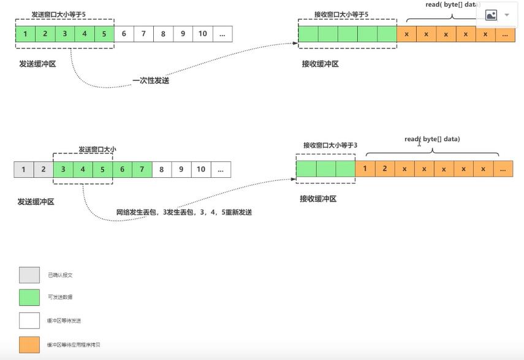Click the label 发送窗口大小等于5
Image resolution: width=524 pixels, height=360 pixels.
coord(59,14)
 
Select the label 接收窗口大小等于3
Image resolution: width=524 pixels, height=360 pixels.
coord(330,145)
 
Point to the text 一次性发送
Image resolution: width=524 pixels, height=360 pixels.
coord(151,80)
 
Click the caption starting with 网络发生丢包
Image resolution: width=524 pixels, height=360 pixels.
coord(184,212)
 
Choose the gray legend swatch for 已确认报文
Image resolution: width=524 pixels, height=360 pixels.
coord(29,275)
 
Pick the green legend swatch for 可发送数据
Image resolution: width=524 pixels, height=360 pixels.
coord(29,297)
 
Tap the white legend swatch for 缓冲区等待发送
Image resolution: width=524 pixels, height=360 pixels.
coord(29,321)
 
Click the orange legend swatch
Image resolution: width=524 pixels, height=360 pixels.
coord(29,345)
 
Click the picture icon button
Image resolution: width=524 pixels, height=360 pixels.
coord(491,15)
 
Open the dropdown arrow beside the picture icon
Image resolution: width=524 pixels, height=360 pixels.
coord(507,15)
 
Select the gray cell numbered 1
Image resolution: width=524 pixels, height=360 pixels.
coord(23,169)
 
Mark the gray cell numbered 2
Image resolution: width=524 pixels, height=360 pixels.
coord(43,169)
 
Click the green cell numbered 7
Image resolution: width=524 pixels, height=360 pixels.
coord(142,169)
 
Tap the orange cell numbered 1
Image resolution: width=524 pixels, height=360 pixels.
coord(365,168)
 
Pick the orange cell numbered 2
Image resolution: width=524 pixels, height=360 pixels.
coord(385,168)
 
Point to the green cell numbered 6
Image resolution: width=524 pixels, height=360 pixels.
coord(122,169)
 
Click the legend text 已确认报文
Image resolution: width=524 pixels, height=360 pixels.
coord(60,275)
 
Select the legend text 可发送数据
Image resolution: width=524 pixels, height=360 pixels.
coord(60,297)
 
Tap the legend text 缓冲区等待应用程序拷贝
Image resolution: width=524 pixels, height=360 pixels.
coord(74,345)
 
